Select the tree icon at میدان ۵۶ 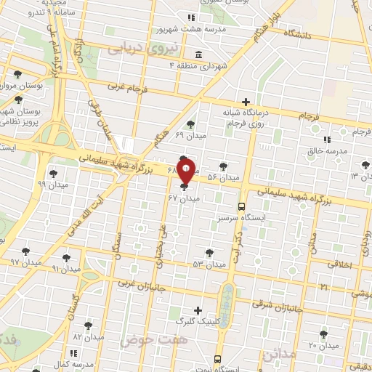point(223,166)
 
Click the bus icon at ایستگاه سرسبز point(243,206)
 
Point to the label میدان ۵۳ point(209,264)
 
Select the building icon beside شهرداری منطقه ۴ point(199,54)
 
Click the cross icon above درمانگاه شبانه point(246,102)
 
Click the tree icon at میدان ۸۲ point(88,326)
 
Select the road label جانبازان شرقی point(272,304)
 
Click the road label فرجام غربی point(127,86)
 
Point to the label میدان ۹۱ point(66,268)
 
